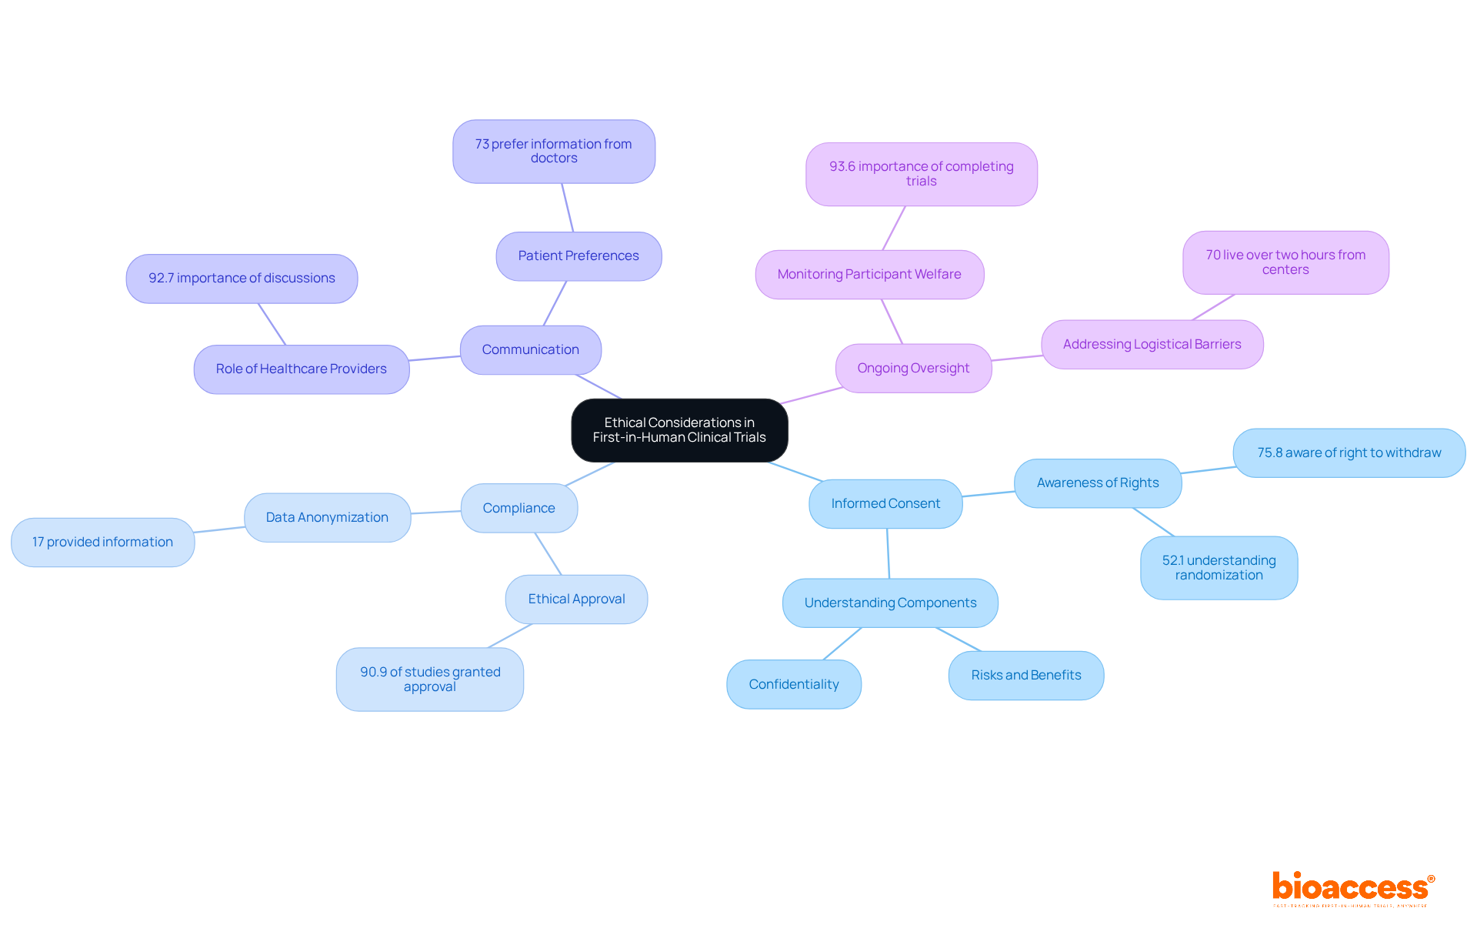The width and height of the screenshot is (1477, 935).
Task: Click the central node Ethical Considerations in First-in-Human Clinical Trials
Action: coord(679,430)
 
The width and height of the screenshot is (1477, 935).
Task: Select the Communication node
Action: coord(530,350)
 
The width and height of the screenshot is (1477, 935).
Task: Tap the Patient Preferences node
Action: coord(578,256)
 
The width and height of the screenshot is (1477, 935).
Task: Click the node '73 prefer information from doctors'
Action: coord(554,152)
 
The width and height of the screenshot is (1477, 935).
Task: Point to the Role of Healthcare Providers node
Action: coord(301,369)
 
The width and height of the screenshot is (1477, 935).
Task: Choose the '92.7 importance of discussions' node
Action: coord(242,279)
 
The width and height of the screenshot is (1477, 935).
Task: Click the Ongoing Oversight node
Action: coord(913,369)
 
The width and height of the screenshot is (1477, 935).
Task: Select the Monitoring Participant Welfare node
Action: coord(869,275)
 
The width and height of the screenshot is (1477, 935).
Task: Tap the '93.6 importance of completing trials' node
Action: coord(921,174)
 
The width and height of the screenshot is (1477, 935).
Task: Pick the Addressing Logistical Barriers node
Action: coord(1152,345)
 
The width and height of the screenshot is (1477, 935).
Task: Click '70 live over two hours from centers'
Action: coord(1285,262)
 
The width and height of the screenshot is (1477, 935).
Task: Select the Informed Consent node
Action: coord(885,504)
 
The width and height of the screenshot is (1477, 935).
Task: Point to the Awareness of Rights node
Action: coord(1098,483)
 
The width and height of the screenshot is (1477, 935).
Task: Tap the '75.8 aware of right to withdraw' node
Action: coord(1349,453)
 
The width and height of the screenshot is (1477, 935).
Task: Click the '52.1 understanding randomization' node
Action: coord(1219,568)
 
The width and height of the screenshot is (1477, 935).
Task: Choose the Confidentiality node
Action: coord(794,684)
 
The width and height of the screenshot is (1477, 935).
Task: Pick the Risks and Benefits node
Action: coord(1026,676)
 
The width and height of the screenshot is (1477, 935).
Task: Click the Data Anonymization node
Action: coord(327,518)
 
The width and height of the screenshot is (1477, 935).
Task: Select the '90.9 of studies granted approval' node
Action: coord(430,680)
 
